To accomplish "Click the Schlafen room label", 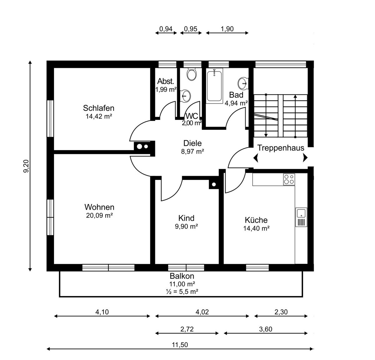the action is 99,108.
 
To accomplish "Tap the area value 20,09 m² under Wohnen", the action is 99,215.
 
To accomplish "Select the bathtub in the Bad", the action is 214,86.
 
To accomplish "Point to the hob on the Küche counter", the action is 289,180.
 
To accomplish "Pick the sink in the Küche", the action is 301,217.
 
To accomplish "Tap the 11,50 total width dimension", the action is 180,345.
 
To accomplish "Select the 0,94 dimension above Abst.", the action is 166,29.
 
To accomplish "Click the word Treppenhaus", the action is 281,148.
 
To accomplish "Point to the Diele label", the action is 192,143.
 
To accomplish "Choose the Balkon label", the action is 182,276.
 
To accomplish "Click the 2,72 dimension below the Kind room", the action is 187,329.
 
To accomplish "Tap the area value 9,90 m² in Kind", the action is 186,226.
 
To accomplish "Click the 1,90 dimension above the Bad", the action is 227,29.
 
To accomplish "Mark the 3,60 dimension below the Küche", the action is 266,329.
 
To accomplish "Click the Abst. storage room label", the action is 166,81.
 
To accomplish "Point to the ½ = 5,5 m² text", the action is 182,292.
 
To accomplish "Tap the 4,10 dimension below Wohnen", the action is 102,312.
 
